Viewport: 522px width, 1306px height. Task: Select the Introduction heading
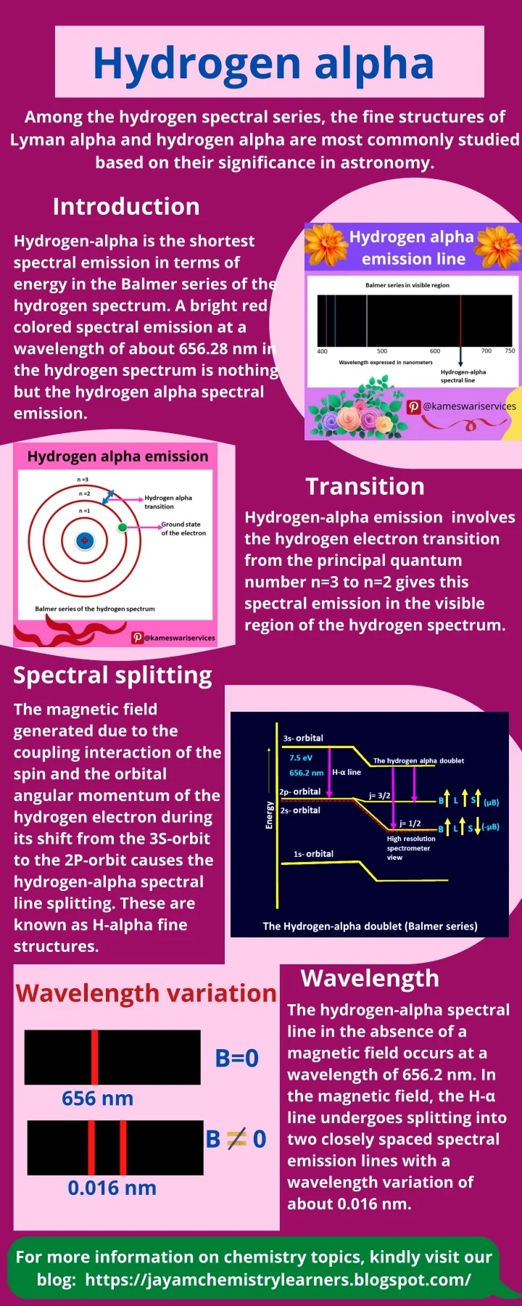(126, 207)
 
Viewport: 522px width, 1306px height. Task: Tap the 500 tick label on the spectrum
(382, 351)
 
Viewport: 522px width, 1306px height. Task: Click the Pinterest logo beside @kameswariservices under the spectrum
(414, 406)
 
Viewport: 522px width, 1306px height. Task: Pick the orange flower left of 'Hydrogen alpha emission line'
(326, 245)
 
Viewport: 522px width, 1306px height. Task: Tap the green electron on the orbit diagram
(123, 527)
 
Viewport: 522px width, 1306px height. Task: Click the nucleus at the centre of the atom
(85, 541)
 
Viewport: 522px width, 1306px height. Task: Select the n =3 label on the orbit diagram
(83, 480)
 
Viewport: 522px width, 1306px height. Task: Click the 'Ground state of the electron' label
(183, 528)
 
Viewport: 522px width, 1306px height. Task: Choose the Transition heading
(365, 486)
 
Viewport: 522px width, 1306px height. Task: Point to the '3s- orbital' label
(303, 738)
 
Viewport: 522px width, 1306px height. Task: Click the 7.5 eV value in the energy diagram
(301, 757)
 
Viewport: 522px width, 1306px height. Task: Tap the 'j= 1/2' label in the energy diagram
(410, 824)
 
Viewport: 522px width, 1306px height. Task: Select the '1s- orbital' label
(313, 854)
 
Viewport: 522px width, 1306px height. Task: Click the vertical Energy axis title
(270, 815)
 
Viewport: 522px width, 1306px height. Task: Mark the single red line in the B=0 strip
(94, 1057)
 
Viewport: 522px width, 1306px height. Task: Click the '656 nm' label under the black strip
(98, 1098)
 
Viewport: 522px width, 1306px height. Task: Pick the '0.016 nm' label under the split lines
(112, 1188)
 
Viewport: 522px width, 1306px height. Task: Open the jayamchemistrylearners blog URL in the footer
(278, 1279)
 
